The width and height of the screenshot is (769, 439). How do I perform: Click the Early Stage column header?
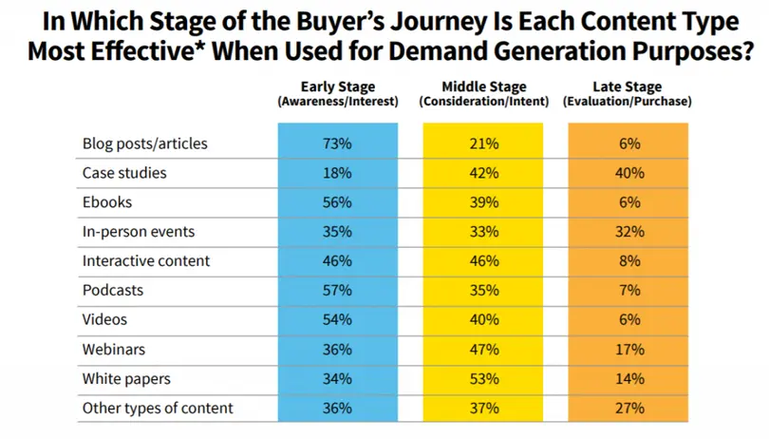(337, 93)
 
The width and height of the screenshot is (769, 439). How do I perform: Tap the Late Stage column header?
(627, 93)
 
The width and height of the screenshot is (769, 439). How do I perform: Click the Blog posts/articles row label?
(145, 144)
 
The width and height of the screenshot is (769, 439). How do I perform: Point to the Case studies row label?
(124, 174)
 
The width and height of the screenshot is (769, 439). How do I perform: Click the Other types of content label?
(158, 409)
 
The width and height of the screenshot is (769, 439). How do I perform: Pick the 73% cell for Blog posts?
(337, 144)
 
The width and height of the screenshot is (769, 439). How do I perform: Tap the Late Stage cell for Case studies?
(628, 174)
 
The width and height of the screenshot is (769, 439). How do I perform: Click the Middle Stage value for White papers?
(483, 379)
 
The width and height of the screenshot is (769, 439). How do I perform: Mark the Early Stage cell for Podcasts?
(337, 291)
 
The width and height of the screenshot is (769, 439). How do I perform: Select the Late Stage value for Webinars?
(628, 350)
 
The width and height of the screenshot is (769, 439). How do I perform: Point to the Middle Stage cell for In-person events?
(483, 232)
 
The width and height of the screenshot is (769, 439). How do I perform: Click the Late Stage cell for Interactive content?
(628, 261)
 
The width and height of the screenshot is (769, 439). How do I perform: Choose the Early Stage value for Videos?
(337, 320)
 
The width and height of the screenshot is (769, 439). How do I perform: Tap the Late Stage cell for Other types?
(628, 409)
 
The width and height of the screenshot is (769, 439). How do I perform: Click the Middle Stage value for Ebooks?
(483, 203)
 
